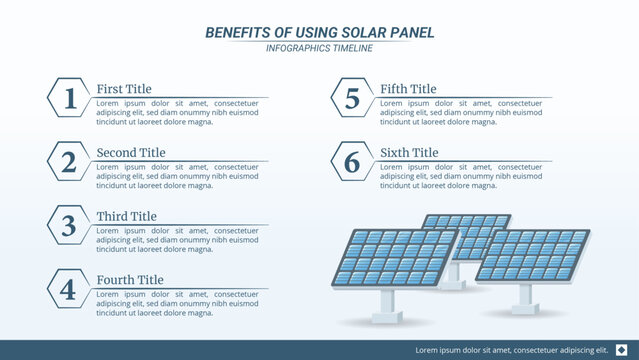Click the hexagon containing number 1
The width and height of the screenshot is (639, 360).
69,98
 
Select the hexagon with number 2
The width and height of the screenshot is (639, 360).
69,162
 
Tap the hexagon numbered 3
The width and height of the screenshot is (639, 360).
69,225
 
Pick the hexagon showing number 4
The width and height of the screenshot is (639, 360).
69,289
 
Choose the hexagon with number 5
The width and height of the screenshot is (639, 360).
352,98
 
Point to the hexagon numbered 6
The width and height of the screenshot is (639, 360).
352,162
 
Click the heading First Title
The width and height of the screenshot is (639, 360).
124,89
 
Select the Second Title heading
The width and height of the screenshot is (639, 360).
131,153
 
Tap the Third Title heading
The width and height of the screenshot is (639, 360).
126,216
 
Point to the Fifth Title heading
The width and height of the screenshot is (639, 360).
408,89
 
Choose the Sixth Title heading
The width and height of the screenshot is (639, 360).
409,153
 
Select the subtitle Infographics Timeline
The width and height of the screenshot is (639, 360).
320,48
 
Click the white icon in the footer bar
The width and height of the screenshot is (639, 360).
622,349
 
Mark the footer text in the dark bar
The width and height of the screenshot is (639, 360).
512,350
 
